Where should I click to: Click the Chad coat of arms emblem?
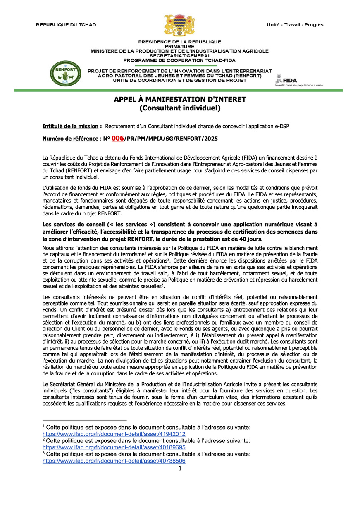(x=180, y=26)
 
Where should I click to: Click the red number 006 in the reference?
(x=117, y=139)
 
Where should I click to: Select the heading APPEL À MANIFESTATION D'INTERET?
(x=180, y=100)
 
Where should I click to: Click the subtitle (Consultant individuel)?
(x=180, y=108)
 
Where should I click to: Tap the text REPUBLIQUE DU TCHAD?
(x=66, y=25)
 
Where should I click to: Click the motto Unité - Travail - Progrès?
(x=295, y=25)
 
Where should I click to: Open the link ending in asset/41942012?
(x=114, y=434)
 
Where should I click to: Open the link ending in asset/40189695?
(x=114, y=447)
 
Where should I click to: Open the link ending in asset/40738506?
(x=114, y=461)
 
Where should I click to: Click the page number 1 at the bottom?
(x=180, y=468)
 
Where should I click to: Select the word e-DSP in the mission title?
(x=281, y=126)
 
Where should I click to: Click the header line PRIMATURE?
(x=180, y=46)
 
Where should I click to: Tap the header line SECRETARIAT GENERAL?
(x=180, y=55)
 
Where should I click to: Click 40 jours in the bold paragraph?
(x=251, y=239)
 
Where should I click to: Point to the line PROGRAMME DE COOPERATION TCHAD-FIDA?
(x=180, y=60)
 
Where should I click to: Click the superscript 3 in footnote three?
(x=44, y=453)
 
